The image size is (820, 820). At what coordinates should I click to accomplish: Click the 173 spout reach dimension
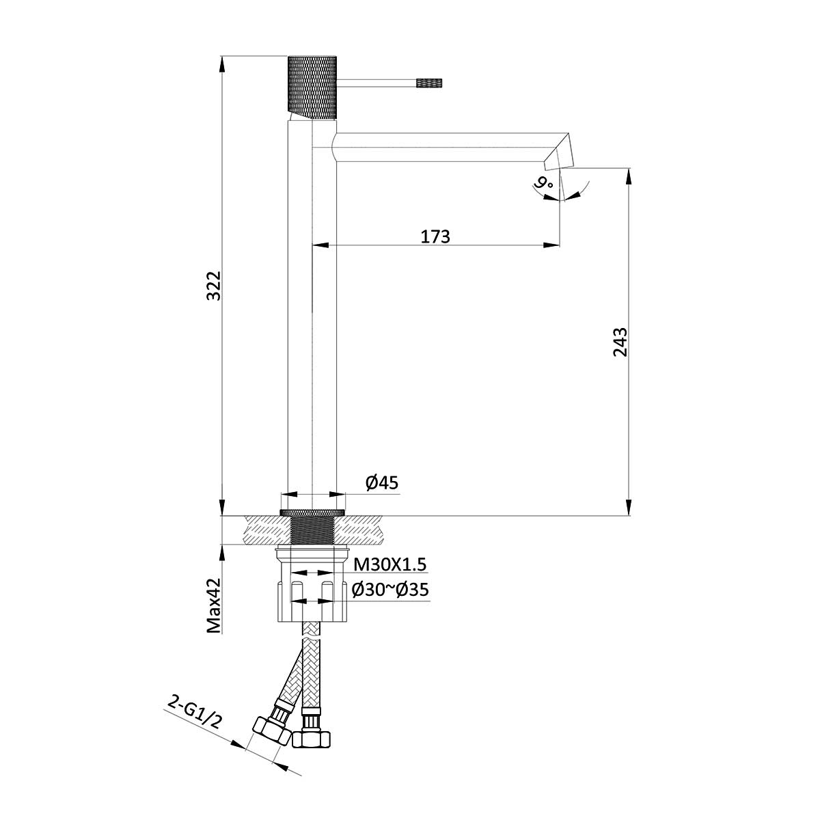[435, 236]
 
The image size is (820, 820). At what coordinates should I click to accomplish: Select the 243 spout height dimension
[620, 342]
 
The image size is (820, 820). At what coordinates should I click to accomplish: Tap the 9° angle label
[544, 183]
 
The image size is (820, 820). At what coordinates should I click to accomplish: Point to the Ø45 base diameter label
[381, 483]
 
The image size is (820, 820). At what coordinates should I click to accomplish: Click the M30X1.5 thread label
[389, 564]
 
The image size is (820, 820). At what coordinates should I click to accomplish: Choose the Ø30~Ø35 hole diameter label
[389, 589]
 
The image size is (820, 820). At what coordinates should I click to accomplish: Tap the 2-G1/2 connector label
[195, 711]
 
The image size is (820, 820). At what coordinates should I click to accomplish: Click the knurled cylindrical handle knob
[312, 85]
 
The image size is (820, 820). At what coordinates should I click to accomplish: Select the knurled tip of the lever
[430, 83]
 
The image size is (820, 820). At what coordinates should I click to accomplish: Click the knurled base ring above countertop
[312, 512]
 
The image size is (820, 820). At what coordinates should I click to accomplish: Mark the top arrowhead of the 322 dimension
[221, 62]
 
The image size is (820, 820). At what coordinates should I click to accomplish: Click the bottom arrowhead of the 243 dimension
[628, 508]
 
